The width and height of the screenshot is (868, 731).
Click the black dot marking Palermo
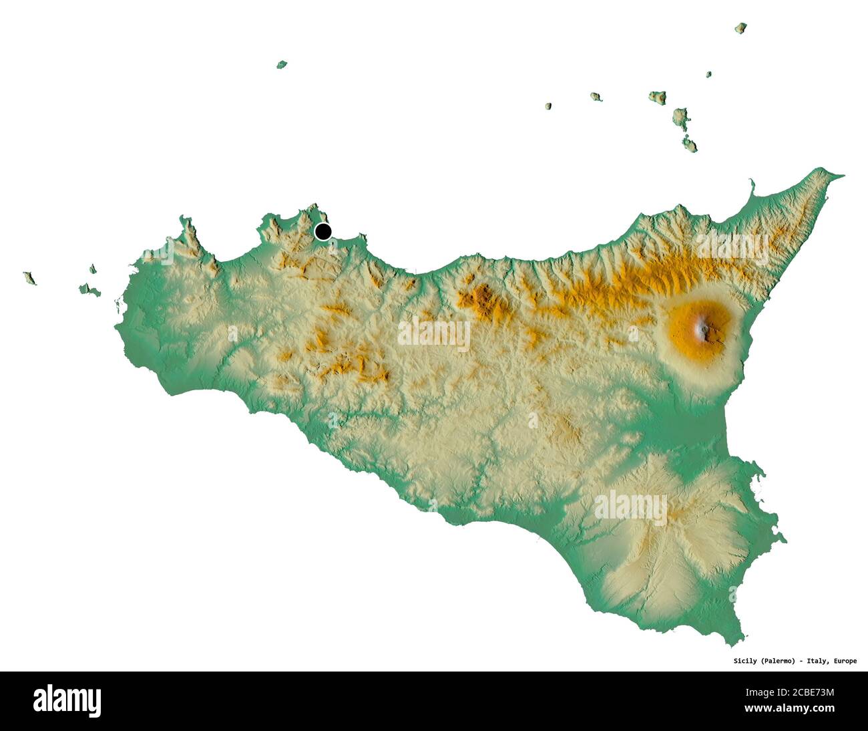(323, 232)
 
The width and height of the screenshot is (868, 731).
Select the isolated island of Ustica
(282, 65)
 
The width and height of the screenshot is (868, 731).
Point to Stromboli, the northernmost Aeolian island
(740, 28)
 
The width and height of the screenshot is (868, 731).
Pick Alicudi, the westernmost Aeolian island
(548, 106)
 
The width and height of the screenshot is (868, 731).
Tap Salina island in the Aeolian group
(658, 97)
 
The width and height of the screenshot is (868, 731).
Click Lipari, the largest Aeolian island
(680, 118)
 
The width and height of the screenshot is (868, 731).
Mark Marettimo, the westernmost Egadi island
(29, 277)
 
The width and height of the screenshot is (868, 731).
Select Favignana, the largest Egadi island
(89, 291)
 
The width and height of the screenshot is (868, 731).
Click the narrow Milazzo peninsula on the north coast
(752, 186)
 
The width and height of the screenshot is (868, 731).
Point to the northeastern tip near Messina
(839, 176)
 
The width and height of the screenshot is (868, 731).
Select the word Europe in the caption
(843, 661)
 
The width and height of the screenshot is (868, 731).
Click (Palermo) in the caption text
(777, 661)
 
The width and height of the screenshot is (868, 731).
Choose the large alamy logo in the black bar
(67, 700)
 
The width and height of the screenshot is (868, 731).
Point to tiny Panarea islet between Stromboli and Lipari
(708, 74)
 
